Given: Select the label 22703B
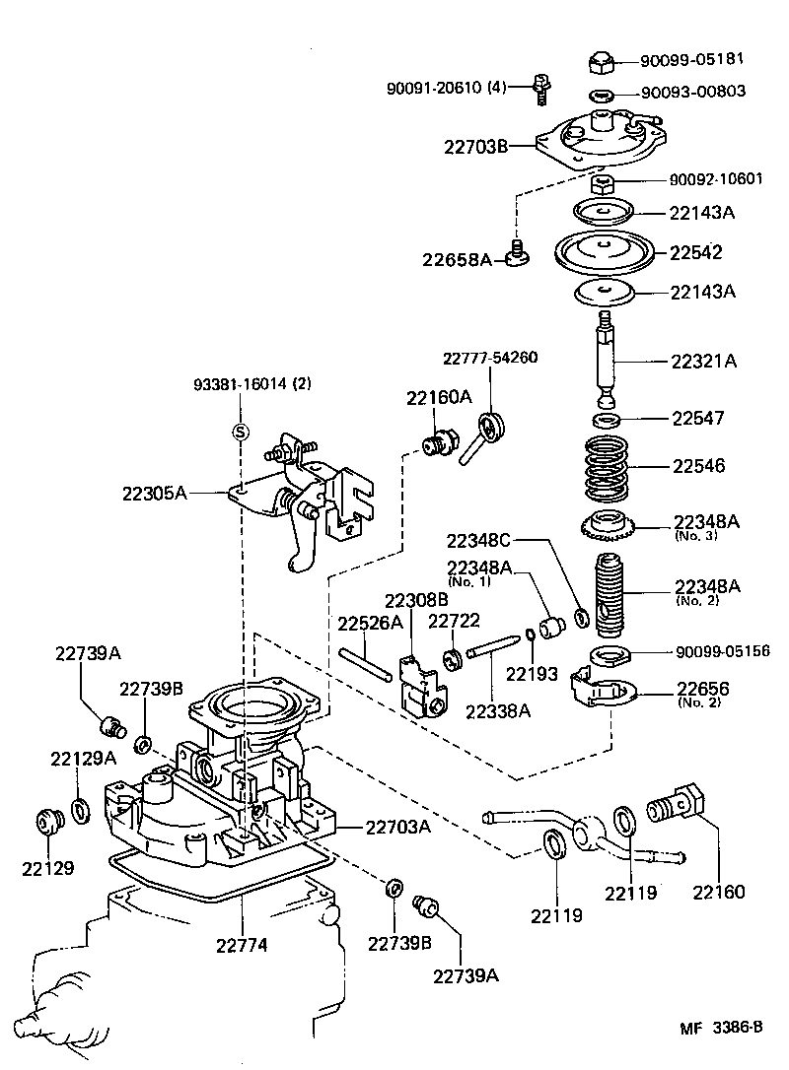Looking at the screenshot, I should [475, 147].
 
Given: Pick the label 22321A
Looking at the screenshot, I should [704, 361].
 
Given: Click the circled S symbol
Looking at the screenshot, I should [239, 430].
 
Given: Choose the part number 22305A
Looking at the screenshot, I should [155, 491].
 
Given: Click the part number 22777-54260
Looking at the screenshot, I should [490, 358].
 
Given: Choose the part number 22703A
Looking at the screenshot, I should [397, 827].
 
